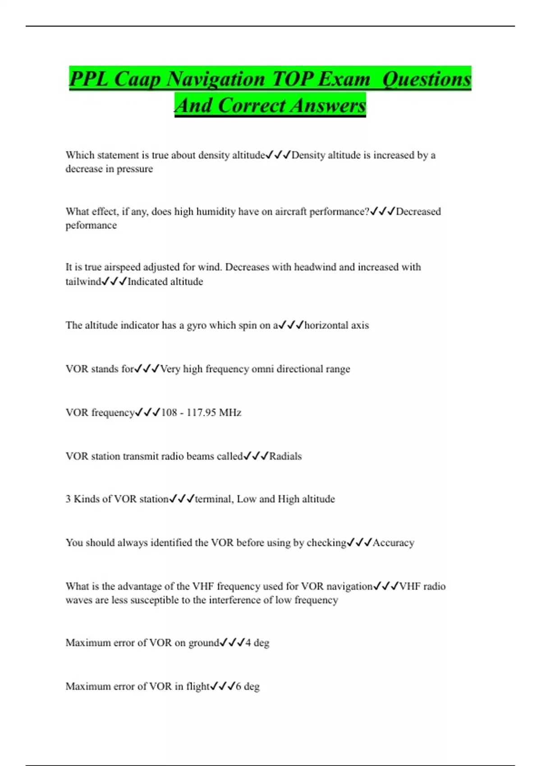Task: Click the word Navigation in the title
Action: pyautogui.click(x=215, y=79)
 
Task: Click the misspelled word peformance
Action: pyautogui.click(x=91, y=225)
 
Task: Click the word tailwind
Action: pyautogui.click(x=83, y=282)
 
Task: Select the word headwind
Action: pyautogui.click(x=315, y=267)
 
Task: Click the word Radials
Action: pyautogui.click(x=285, y=456)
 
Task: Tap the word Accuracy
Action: pyautogui.click(x=393, y=543)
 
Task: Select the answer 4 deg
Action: pyautogui.click(x=257, y=643)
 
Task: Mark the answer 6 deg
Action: pyautogui.click(x=248, y=687)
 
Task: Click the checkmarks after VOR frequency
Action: pyautogui.click(x=148, y=413)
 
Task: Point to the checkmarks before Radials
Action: pyautogui.click(x=256, y=456)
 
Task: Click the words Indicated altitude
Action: pyautogui.click(x=165, y=282)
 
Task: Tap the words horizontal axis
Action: pyautogui.click(x=336, y=325)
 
